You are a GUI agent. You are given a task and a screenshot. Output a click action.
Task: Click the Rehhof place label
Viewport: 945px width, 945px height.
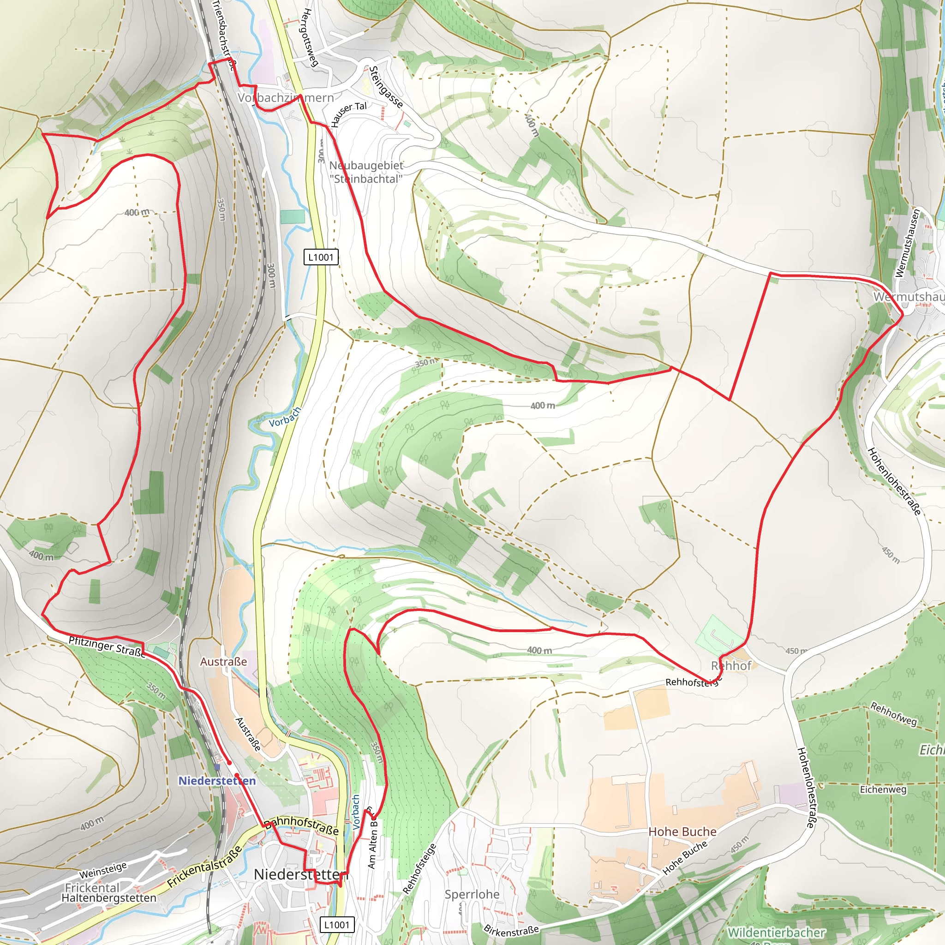(x=731, y=666)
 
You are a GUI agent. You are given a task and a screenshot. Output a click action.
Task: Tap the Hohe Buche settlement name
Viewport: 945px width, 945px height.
(x=682, y=831)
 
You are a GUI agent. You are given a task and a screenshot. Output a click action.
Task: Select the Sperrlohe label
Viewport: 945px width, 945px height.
(x=472, y=894)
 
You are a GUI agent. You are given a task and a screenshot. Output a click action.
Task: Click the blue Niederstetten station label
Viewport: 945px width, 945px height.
(x=217, y=781)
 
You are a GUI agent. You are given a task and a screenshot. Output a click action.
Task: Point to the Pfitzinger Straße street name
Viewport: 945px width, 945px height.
(x=107, y=647)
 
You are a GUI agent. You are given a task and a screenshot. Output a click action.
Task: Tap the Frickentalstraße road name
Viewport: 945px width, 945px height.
(x=204, y=867)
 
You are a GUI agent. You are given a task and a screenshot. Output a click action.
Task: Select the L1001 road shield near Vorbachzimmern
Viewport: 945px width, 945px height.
(x=321, y=257)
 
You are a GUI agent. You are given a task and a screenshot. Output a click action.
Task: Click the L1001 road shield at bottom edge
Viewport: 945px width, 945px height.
(x=336, y=924)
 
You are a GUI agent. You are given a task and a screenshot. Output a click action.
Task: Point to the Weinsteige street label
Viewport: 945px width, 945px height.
(x=103, y=870)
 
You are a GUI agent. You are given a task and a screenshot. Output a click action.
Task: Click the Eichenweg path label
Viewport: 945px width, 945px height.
(x=883, y=789)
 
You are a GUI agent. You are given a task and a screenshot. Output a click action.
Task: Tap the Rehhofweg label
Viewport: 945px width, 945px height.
(x=893, y=714)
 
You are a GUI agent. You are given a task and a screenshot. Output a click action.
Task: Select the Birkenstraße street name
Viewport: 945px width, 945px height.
(x=511, y=930)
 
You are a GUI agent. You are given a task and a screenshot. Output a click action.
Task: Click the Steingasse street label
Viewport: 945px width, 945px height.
(x=386, y=87)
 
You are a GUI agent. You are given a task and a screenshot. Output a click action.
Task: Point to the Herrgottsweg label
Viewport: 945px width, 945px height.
(x=311, y=37)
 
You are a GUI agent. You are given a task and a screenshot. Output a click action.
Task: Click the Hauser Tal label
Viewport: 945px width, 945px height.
(x=348, y=114)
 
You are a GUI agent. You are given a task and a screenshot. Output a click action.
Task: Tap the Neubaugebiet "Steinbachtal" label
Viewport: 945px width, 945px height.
(x=366, y=172)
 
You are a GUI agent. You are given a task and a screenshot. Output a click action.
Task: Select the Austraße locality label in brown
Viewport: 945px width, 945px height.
(x=223, y=662)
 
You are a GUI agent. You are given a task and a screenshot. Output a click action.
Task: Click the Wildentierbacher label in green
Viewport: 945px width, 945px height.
(x=776, y=932)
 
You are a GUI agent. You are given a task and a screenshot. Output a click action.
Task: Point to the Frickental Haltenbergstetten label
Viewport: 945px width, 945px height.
(x=108, y=893)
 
